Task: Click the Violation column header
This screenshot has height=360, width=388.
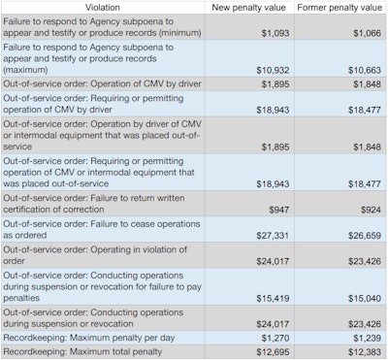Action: pyautogui.click(x=103, y=7)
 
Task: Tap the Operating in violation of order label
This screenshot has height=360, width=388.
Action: pyautogui.click(x=97, y=254)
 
